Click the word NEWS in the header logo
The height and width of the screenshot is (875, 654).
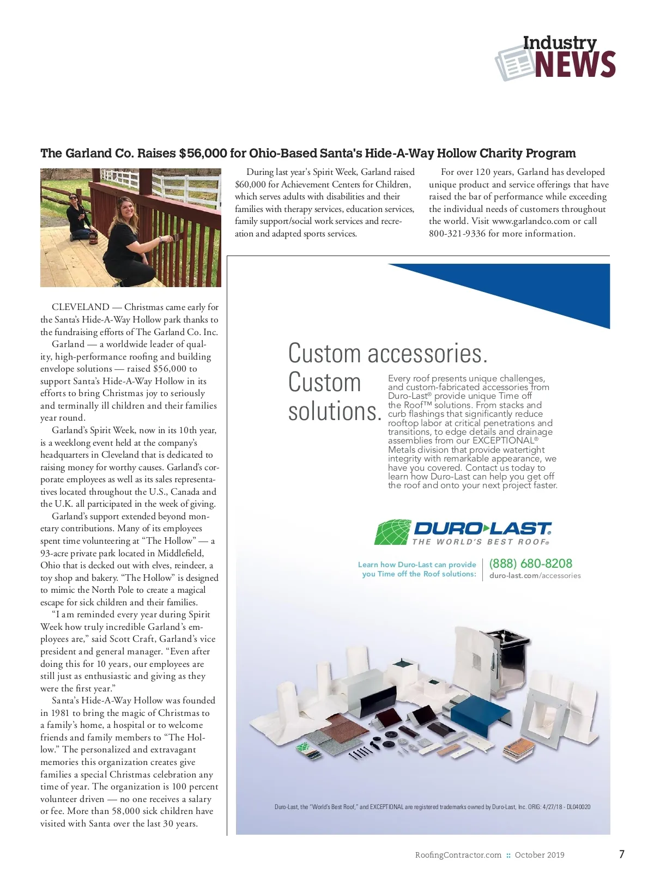[x=575, y=65]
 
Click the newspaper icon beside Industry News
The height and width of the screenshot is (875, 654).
[x=512, y=63]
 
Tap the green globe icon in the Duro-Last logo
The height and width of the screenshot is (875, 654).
[x=392, y=532]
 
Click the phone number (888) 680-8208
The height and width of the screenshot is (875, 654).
[x=531, y=563]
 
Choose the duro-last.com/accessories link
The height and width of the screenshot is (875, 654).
[x=535, y=576]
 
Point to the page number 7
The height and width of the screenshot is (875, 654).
[x=621, y=854]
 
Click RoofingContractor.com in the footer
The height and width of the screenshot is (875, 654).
[x=458, y=855]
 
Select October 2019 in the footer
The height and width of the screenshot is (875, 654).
[x=540, y=855]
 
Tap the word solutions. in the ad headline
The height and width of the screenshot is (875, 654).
[x=334, y=411]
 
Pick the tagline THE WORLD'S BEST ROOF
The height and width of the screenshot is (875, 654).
[x=480, y=542]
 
